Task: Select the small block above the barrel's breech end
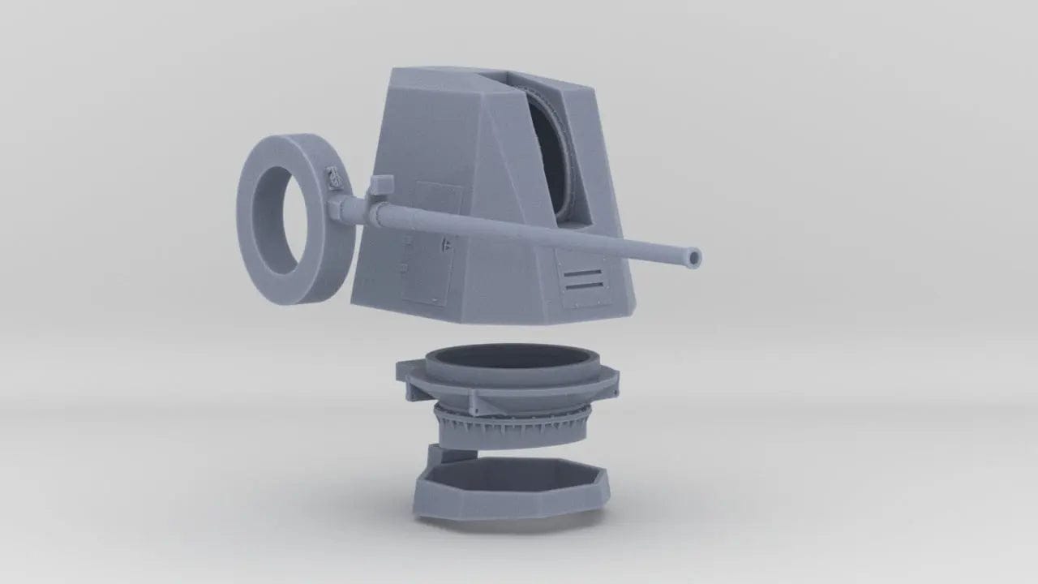(x=381, y=186)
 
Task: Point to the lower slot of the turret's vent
(x=583, y=286)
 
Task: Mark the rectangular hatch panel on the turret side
(x=430, y=243)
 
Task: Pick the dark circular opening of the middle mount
(x=511, y=357)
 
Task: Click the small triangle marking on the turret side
(x=447, y=242)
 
